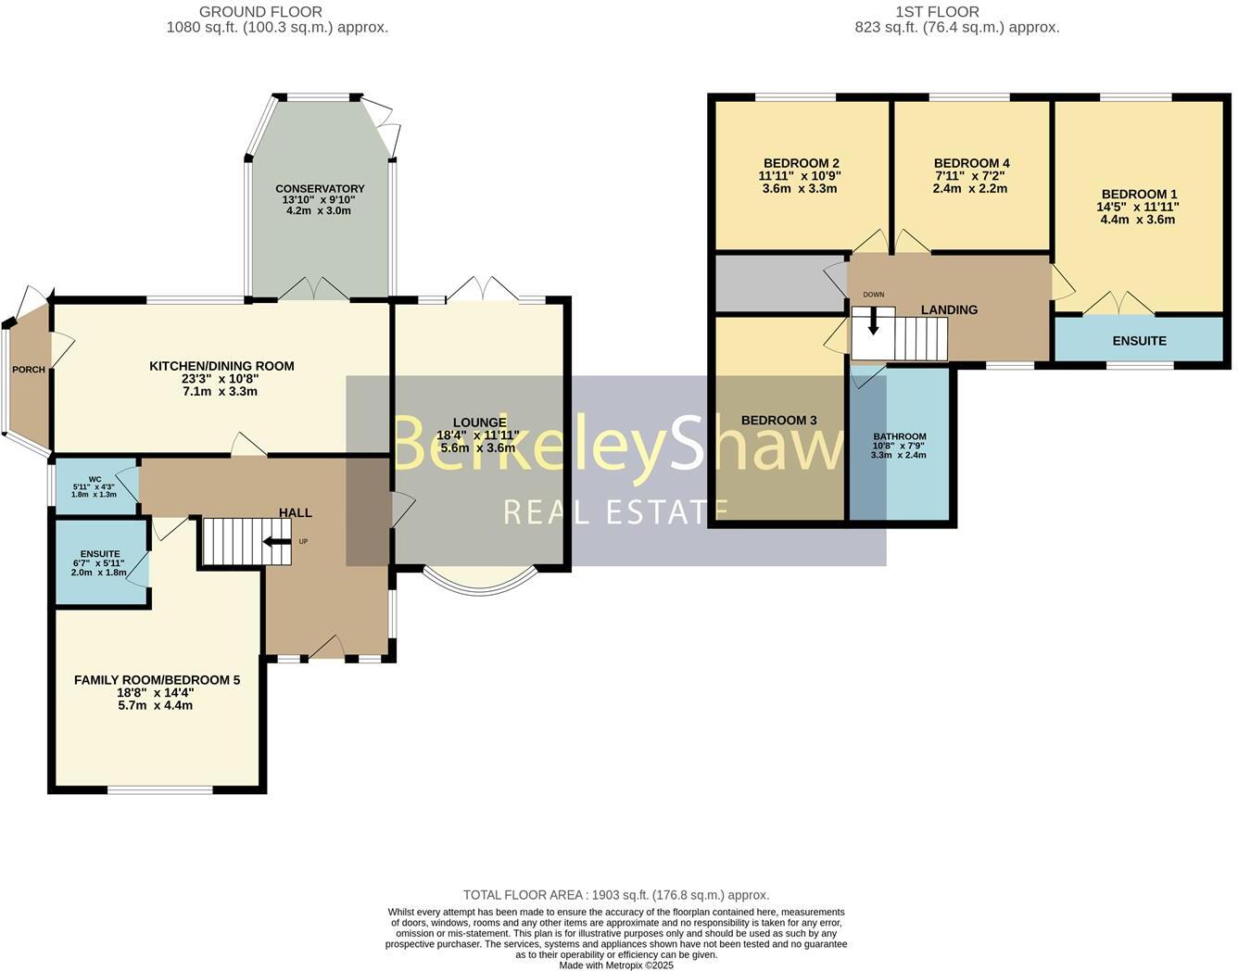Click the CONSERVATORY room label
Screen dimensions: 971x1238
click(320, 189)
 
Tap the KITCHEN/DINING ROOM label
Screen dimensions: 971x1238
click(221, 366)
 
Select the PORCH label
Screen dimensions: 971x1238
click(28, 371)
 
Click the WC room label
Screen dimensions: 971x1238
click(95, 480)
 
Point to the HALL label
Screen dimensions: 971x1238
click(296, 512)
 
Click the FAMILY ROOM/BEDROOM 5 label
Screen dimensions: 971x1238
click(157, 680)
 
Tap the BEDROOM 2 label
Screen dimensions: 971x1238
click(801, 163)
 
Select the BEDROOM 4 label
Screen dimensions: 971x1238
click(971, 163)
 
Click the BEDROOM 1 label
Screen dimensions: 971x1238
click(1139, 195)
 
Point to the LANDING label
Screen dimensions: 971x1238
click(949, 309)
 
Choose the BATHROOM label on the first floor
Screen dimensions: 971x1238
click(899, 436)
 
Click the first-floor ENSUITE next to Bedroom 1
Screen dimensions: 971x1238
click(1139, 340)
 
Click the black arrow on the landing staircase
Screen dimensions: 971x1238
click(872, 322)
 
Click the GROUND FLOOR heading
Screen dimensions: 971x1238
click(261, 12)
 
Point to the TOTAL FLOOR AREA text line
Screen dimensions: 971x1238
click(616, 895)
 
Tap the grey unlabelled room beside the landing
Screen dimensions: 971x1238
click(778, 284)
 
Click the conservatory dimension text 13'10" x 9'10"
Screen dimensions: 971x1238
click(320, 200)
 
